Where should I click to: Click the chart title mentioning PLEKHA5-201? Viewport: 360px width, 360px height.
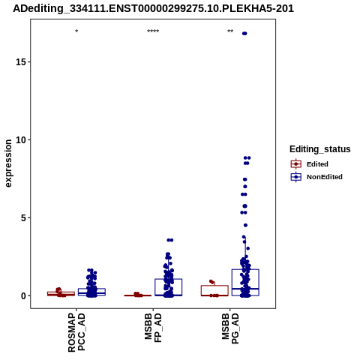153,9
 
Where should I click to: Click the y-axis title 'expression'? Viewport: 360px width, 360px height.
8,163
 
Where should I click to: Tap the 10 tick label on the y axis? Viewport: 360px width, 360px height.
21,139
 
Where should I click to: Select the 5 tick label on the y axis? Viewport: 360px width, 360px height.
24,217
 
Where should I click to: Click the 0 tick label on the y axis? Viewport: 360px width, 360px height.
24,295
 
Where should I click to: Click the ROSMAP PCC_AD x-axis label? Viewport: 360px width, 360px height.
76,332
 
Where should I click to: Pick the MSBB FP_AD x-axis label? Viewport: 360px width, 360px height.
153,328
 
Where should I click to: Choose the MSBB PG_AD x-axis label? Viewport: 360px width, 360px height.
230,328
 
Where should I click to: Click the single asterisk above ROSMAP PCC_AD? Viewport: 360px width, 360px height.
76,31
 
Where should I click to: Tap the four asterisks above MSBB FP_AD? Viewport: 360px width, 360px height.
153,31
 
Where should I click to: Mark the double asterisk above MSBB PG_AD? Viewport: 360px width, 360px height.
230,31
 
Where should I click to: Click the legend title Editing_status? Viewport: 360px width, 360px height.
320,149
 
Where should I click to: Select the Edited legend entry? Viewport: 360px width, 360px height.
317,164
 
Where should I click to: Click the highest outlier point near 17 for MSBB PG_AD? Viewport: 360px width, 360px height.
244,34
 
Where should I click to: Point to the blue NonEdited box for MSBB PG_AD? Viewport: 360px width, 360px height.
245,269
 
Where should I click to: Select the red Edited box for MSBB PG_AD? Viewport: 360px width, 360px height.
214,286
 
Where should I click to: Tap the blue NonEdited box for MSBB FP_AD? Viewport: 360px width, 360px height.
169,279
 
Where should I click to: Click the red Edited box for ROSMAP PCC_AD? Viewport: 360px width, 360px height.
61,292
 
